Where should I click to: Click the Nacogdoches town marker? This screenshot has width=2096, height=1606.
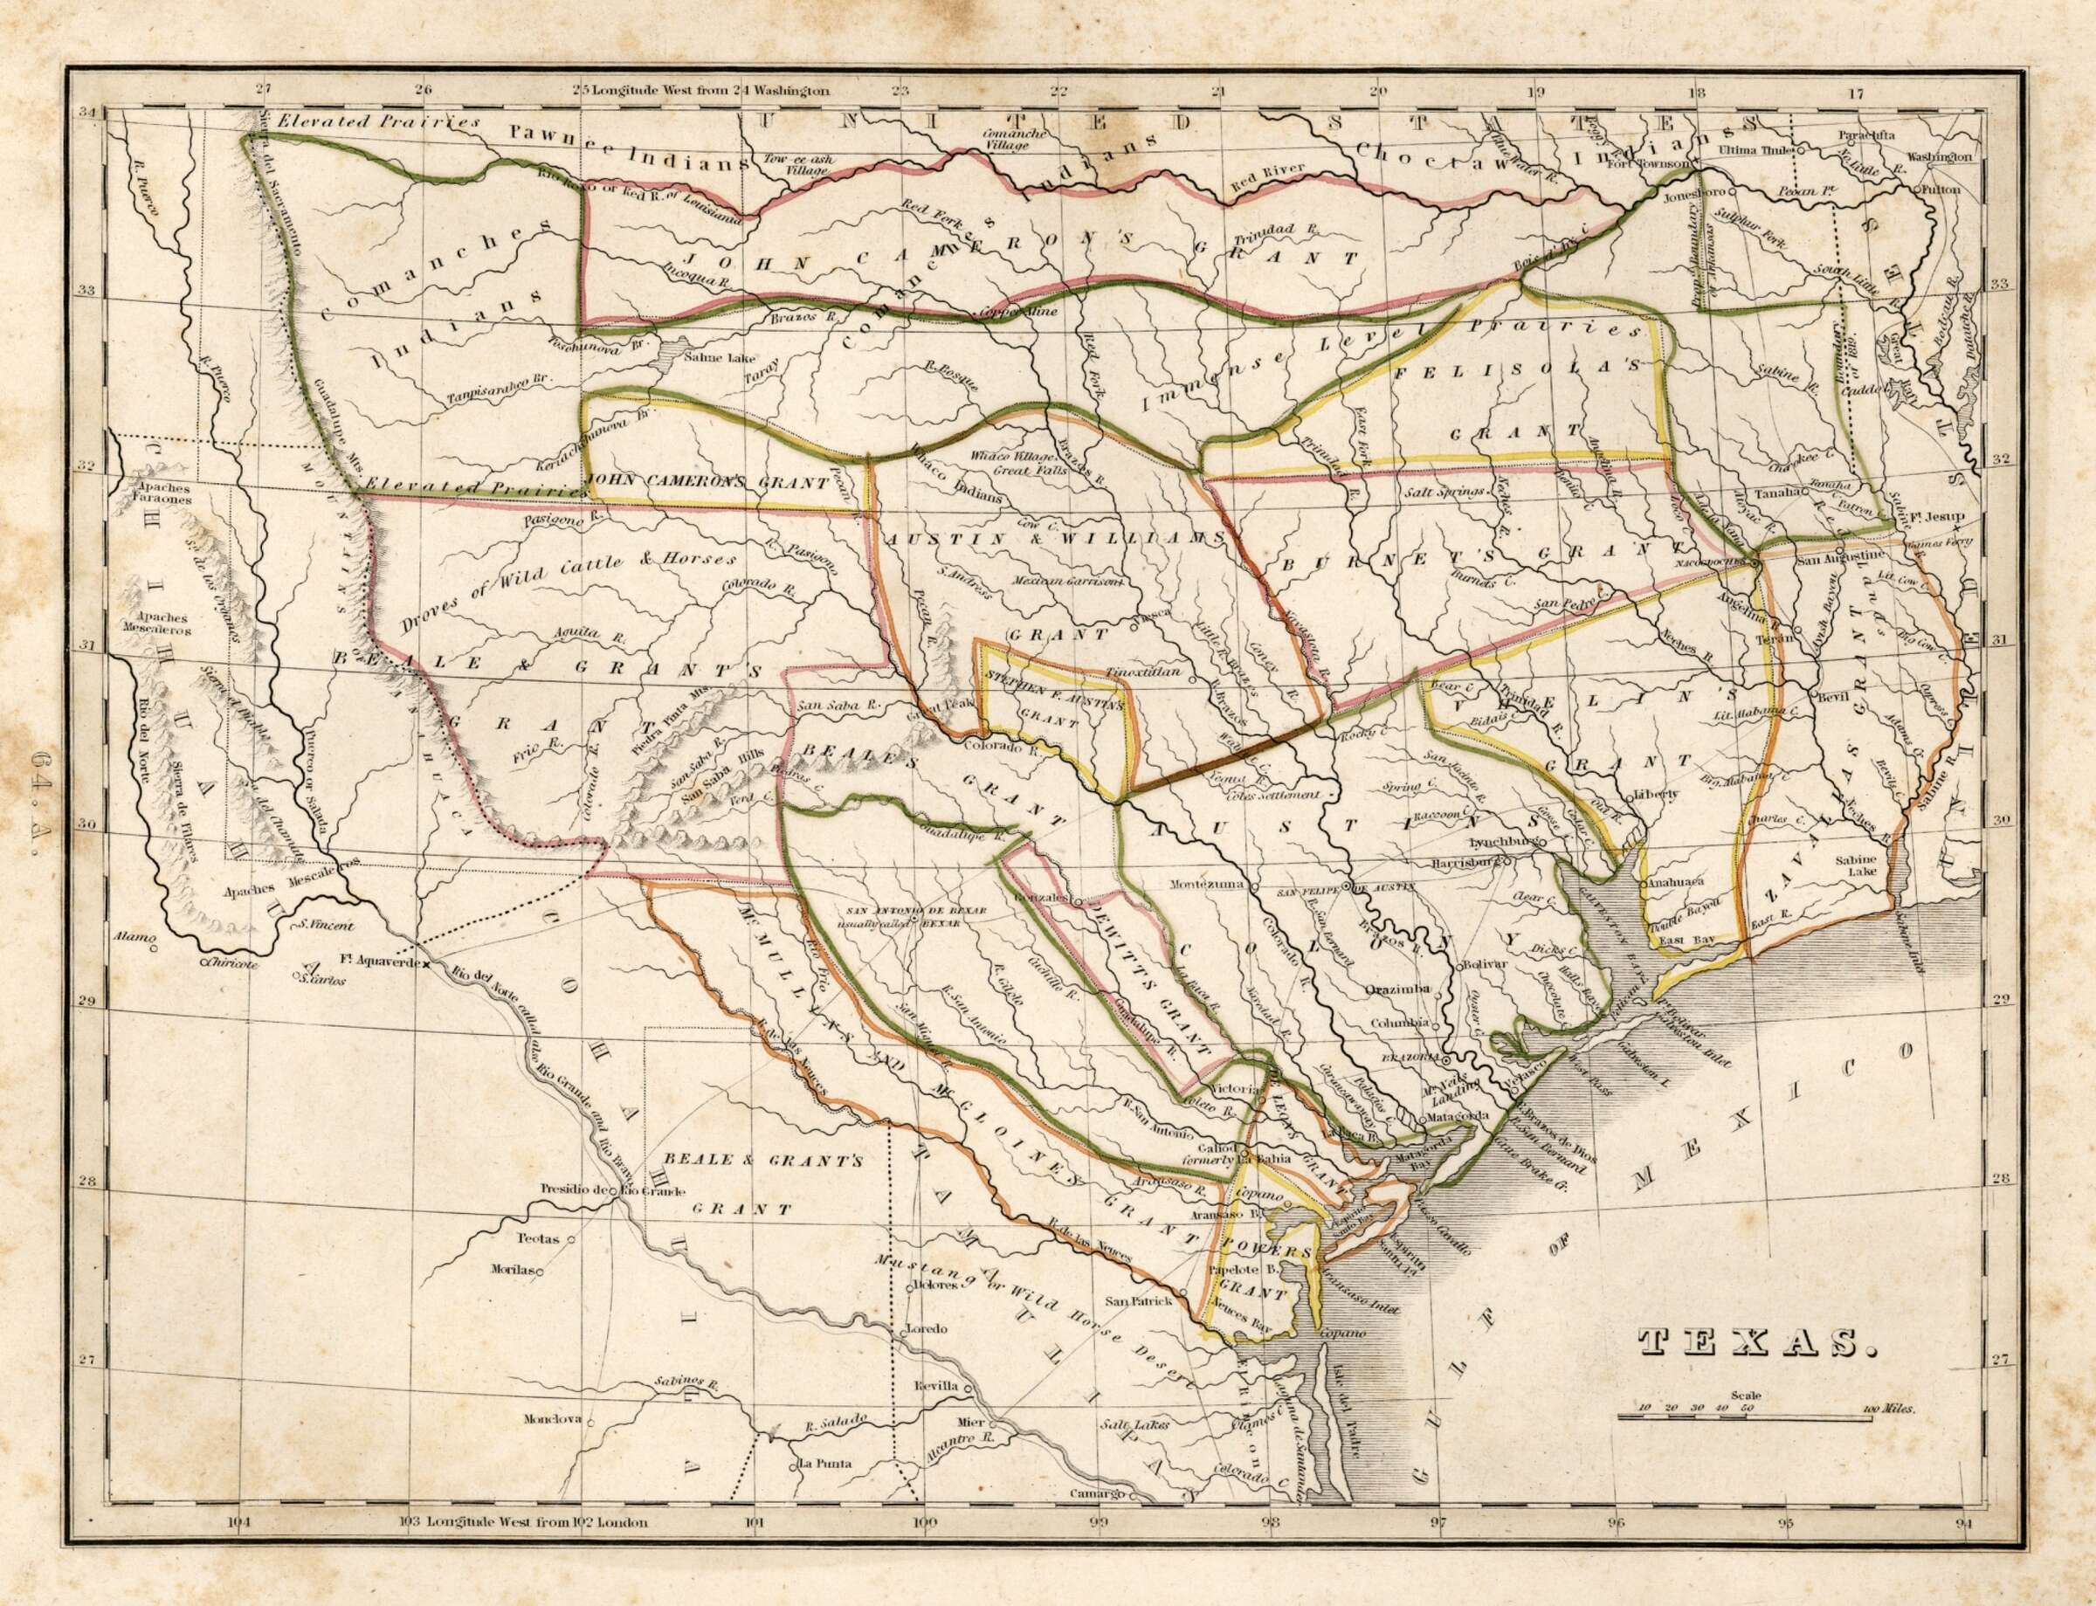click(x=1756, y=564)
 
